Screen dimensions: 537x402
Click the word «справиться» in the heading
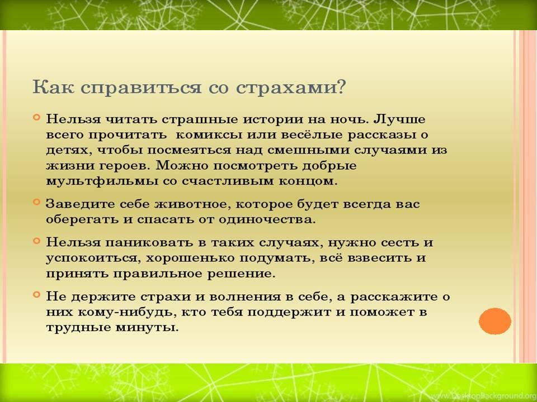point(142,88)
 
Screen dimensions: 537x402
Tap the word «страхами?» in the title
point(291,88)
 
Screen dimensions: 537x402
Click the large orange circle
point(495,321)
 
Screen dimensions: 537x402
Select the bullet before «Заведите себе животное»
point(37,202)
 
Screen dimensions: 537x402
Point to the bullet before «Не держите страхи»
point(37,294)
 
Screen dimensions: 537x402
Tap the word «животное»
point(193,204)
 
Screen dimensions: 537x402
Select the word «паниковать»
point(149,243)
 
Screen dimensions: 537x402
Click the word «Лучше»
point(399,119)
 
